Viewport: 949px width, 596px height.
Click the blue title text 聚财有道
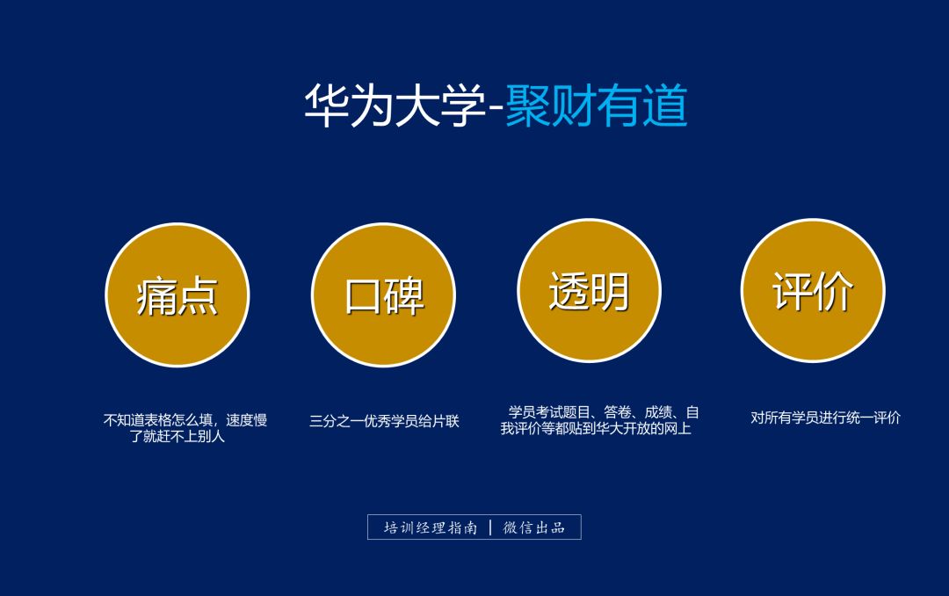coord(596,107)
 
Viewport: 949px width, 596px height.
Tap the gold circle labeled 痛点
coord(177,295)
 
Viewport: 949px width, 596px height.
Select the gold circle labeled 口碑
coord(383,295)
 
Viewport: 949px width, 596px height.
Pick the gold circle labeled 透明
coord(589,290)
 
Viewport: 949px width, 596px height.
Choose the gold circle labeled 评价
coord(813,290)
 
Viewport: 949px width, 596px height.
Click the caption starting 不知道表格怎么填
coord(185,420)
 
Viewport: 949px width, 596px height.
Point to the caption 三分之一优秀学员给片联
coord(384,421)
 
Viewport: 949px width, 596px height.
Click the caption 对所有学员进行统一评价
coord(825,418)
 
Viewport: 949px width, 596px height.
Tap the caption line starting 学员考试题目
coord(604,412)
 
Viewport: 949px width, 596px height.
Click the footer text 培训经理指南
coord(431,527)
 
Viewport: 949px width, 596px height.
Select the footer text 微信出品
coord(533,527)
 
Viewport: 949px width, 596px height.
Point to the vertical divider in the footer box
coord(489,527)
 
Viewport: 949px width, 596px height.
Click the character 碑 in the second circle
coord(405,295)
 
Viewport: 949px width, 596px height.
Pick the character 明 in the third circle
coord(610,290)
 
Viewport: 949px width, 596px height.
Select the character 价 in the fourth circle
coord(834,290)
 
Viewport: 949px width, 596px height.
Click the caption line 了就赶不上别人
coord(177,436)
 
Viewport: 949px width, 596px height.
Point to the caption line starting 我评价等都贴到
coord(596,429)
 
